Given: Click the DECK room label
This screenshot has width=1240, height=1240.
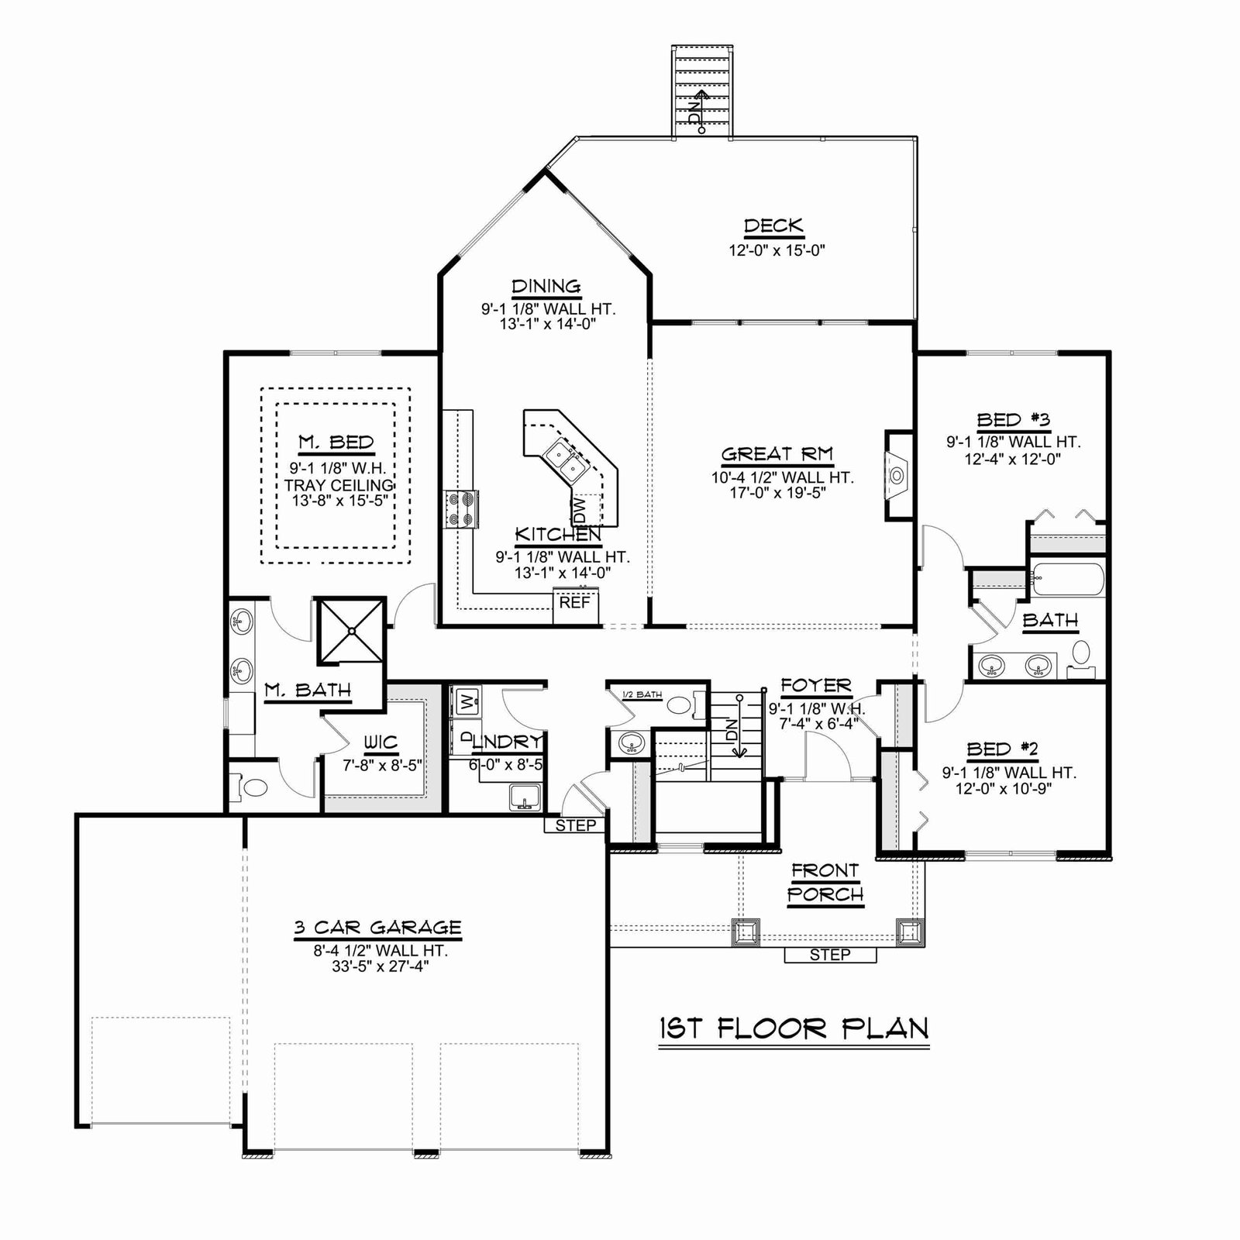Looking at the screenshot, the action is [x=773, y=226].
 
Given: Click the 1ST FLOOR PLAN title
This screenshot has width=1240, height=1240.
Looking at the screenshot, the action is [x=794, y=1028].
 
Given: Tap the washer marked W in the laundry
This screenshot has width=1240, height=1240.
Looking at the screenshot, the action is [x=466, y=703].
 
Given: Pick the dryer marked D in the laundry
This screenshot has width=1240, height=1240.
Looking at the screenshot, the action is [x=466, y=738].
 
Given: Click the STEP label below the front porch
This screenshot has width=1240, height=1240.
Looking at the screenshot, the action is [x=830, y=955].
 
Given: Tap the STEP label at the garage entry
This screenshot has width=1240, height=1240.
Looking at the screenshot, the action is [x=576, y=825].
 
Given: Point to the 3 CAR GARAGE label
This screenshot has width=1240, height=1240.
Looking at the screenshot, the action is [x=377, y=928].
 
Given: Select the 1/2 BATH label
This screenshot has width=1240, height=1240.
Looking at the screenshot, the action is [x=642, y=694].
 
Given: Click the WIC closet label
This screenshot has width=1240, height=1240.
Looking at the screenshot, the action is [x=380, y=742].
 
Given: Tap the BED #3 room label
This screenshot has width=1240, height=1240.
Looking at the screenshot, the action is [x=1013, y=420].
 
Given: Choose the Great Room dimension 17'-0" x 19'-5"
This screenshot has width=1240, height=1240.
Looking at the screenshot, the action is [x=783, y=493].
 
